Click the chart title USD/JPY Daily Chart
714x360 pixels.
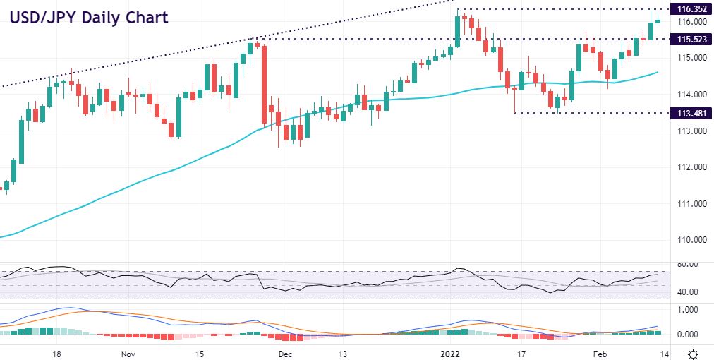pos(88,17)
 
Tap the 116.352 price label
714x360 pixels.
pos(692,9)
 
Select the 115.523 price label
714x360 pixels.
pos(692,39)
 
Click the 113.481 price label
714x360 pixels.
pos(692,113)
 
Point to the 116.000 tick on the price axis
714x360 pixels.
pos(691,22)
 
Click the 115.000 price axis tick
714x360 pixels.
pos(691,58)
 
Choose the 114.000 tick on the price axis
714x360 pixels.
pos(691,95)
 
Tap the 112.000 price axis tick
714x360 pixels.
pos(691,167)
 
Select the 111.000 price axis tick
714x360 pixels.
pos(691,204)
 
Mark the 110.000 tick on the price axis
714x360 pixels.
pos(691,240)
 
